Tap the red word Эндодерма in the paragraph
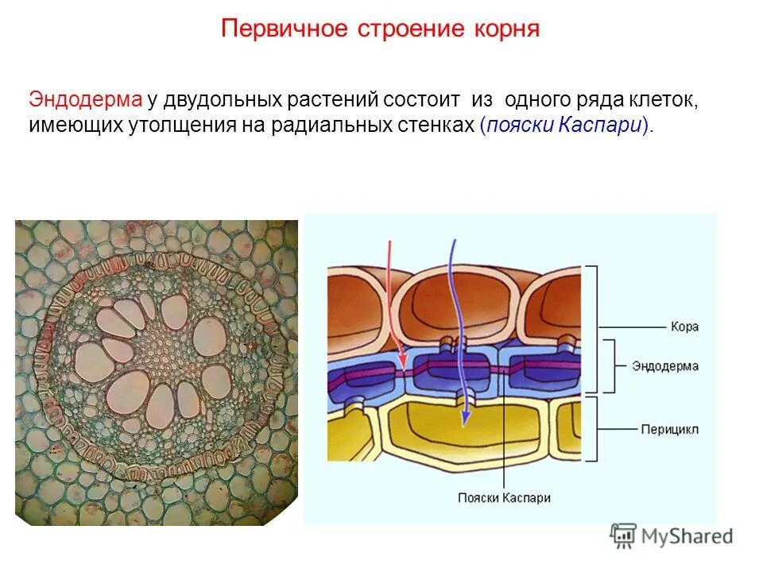point(85,101)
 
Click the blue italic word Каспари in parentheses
point(610,126)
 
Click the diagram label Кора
point(684,327)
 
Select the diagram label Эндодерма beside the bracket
point(665,366)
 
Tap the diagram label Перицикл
point(670,430)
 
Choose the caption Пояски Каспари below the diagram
point(504,497)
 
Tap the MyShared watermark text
point(687,536)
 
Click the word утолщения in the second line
point(177,126)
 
